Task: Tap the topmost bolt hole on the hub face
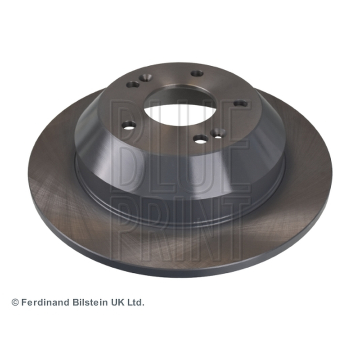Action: pos(197,73)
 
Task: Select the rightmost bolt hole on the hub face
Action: pos(241,103)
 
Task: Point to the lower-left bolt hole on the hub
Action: pos(129,125)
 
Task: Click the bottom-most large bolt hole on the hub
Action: pos(201,138)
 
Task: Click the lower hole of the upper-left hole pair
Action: pos(133,84)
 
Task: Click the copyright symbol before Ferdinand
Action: pos(15,302)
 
